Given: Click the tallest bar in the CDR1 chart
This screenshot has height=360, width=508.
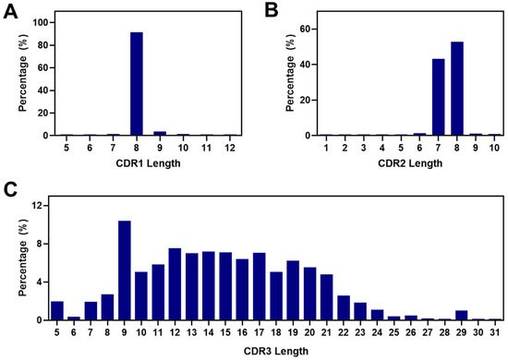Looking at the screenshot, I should [137, 85].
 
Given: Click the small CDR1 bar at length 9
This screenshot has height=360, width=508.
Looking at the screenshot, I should [159, 133].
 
